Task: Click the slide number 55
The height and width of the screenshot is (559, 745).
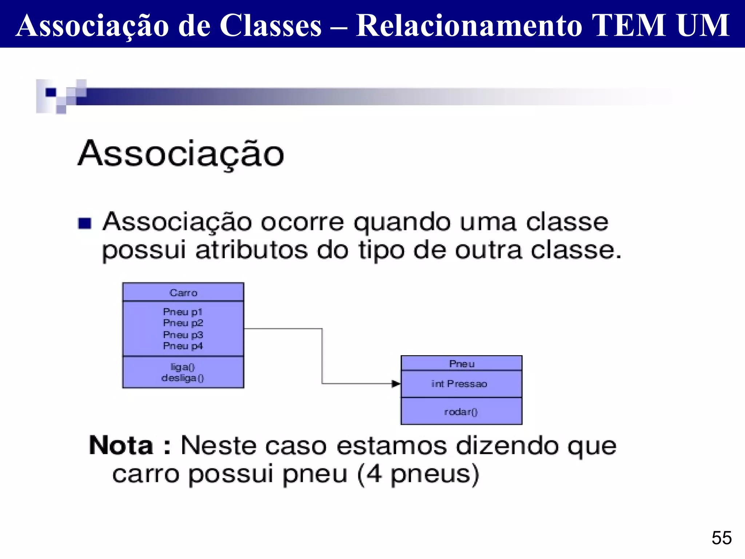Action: [721, 538]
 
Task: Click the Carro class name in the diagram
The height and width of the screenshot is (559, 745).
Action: [183, 293]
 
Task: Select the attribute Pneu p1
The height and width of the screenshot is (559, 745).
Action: [183, 312]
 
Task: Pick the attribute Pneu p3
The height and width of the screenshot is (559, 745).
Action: [183, 335]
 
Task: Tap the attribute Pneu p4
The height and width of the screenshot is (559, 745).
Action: [183, 346]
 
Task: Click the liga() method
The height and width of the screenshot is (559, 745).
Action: [183, 367]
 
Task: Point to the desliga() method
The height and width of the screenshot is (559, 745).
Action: [183, 378]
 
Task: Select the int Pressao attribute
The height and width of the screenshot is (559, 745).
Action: [459, 384]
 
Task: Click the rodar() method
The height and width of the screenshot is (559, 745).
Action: [461, 412]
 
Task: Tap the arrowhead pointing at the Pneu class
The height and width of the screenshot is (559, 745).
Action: [396, 384]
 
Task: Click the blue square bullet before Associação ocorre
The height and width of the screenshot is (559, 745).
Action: [85, 223]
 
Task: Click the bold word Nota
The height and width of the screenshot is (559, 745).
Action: [121, 445]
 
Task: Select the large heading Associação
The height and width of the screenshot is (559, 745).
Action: [181, 154]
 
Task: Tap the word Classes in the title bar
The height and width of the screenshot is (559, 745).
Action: [271, 25]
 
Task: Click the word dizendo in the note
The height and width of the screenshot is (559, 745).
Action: [507, 446]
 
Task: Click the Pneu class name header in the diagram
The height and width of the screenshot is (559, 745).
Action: [462, 364]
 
